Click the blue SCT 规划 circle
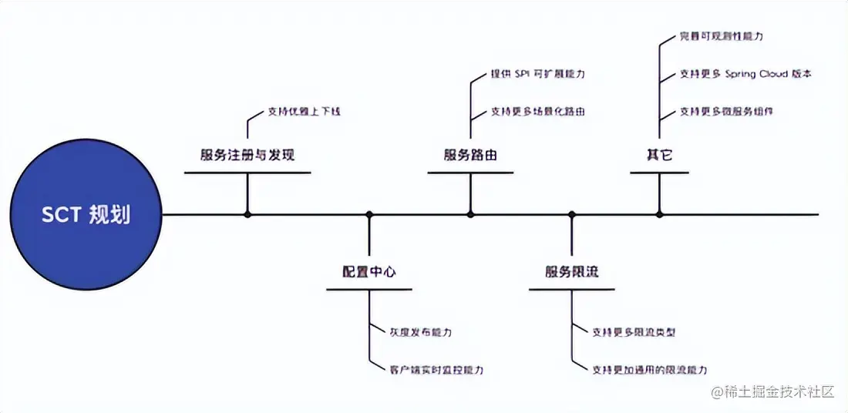tap(86, 214)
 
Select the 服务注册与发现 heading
tap(247, 155)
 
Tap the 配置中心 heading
tap(369, 272)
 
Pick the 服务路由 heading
tap(470, 155)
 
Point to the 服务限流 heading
tap(571, 272)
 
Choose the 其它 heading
tap(659, 155)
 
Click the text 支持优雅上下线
tap(304, 111)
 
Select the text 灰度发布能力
tap(420, 332)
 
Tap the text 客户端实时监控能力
tap(436, 370)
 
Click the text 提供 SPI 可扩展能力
tap(538, 74)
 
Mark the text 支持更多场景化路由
tap(538, 111)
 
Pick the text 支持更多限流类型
tap(634, 332)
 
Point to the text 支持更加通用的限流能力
tap(649, 370)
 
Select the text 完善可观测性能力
tap(722, 36)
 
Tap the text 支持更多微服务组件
tap(726, 111)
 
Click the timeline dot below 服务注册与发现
tap(247, 214)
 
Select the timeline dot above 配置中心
tap(369, 214)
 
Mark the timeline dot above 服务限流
tap(571, 214)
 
